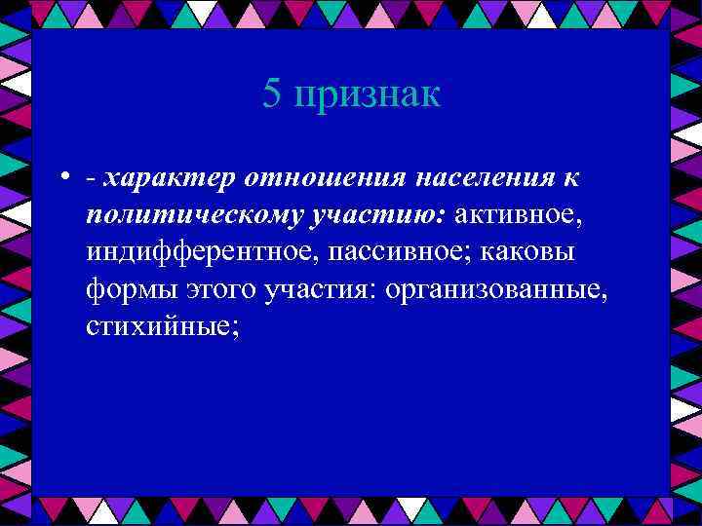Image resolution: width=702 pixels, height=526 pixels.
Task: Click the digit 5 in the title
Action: [272, 94]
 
